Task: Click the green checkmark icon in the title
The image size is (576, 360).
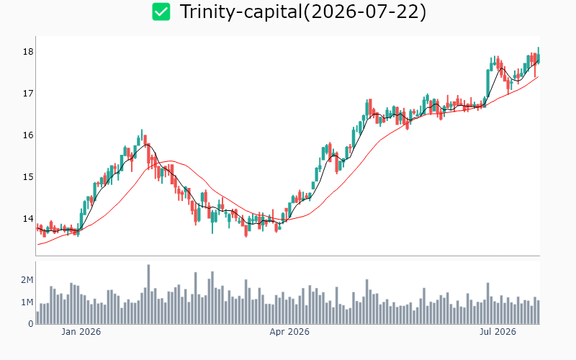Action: coord(161,12)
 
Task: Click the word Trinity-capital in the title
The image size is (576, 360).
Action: coord(240,12)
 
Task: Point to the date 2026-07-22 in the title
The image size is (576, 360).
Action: coord(365,12)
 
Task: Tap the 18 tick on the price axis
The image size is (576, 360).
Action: coord(28,52)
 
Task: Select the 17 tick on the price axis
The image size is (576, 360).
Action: coord(28,94)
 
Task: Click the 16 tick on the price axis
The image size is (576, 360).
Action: coord(28,135)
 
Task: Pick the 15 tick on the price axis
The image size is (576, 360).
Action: coord(28,177)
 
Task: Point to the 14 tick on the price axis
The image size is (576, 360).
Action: coord(28,219)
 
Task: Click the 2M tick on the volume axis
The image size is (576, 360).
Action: coord(27,280)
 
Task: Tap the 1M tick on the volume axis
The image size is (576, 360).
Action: coord(27,302)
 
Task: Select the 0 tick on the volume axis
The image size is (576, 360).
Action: coord(31,324)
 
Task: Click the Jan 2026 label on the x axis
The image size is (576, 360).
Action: coord(81,332)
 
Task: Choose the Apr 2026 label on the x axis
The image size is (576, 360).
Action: coord(289,332)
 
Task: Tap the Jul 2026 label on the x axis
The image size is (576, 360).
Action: coord(498,332)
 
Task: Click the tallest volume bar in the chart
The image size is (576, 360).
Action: coord(148,294)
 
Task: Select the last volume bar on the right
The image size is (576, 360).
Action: coord(539,312)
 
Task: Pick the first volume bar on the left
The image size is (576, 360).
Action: coord(37,318)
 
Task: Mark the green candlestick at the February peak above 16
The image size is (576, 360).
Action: coord(142,135)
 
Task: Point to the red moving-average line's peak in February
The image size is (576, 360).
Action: coord(170,161)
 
